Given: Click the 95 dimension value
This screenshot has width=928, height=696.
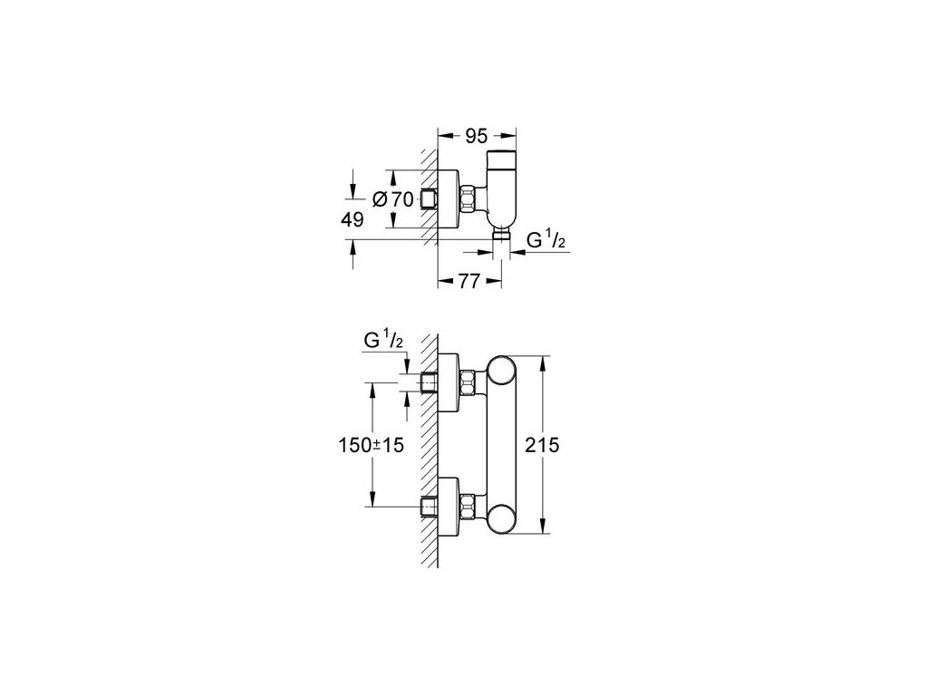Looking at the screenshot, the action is (x=475, y=137).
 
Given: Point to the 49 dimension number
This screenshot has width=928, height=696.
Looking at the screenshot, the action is (x=353, y=219).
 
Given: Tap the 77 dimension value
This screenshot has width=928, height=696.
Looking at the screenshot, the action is (x=469, y=283).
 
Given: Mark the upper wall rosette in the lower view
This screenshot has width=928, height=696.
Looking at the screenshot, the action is (x=449, y=381).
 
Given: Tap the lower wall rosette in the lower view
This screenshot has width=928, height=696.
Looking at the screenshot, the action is (x=449, y=505).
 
